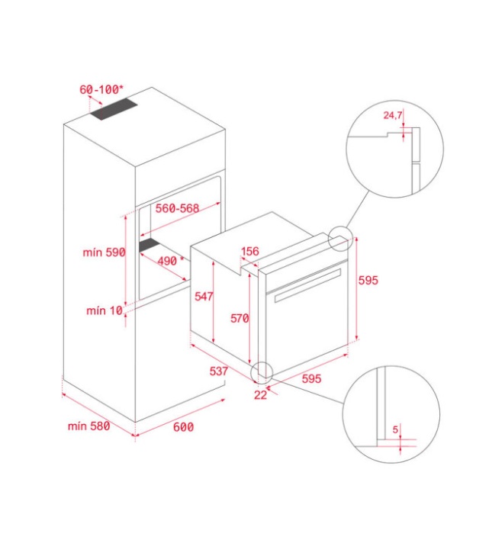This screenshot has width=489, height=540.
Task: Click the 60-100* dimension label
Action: point(101,89)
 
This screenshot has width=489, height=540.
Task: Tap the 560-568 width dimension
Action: point(177,208)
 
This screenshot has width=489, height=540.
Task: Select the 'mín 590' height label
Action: point(104,252)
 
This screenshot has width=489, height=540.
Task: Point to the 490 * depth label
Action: point(171,261)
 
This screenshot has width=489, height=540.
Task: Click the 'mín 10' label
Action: point(105,310)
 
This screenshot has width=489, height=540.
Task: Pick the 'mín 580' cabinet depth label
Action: point(88,426)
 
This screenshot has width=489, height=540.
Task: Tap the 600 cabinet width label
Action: point(183,427)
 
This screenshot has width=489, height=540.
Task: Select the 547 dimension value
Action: point(204,296)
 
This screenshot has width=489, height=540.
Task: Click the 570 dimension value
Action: point(240,318)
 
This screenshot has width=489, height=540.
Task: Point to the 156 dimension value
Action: point(250,252)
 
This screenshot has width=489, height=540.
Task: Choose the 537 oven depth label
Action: point(219,371)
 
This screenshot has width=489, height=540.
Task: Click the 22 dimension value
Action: point(260,394)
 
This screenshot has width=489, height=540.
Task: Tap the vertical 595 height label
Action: point(368,281)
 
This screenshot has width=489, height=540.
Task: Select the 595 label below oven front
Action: point(311,378)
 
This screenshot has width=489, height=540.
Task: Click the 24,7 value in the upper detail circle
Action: point(393,115)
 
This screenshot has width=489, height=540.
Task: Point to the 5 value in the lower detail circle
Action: point(395,429)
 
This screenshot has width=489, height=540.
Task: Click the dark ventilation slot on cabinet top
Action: point(114,109)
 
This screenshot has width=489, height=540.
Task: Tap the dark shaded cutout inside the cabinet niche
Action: point(150,245)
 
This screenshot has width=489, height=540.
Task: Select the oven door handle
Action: point(307,286)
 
